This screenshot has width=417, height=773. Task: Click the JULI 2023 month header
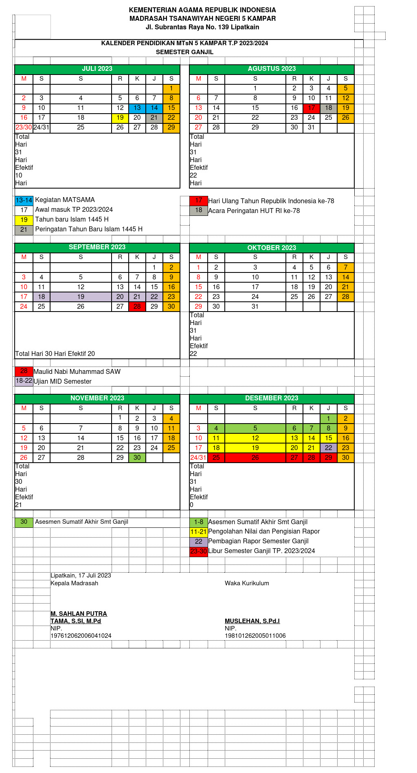[x=97, y=69]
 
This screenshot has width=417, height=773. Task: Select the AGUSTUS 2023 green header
[x=272, y=69]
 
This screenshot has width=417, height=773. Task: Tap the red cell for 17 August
[x=312, y=108]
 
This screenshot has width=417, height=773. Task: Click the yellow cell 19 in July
[x=120, y=118]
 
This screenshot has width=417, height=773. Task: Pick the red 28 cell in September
[x=137, y=307]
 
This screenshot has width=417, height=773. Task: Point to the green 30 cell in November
[x=137, y=458]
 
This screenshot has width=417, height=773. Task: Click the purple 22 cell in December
[x=329, y=448]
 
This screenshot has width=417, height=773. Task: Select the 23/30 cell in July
[x=24, y=127]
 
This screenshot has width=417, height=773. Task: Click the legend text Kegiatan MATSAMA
[x=65, y=200]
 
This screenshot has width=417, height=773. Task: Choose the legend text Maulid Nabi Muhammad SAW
[x=77, y=371]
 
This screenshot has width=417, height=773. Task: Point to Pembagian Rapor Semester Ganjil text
[x=258, y=541]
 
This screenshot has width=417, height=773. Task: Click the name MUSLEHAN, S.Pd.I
[x=252, y=621]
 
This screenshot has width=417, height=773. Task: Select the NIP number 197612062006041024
[x=81, y=636]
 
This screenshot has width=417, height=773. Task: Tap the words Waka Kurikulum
[x=247, y=583]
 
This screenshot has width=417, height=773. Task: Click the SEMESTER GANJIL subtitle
[x=184, y=52]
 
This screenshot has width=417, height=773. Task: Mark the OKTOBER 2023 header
[x=272, y=248]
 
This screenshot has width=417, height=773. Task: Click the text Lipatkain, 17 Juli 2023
[x=81, y=575]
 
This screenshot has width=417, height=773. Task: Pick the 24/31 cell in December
[x=198, y=458]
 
